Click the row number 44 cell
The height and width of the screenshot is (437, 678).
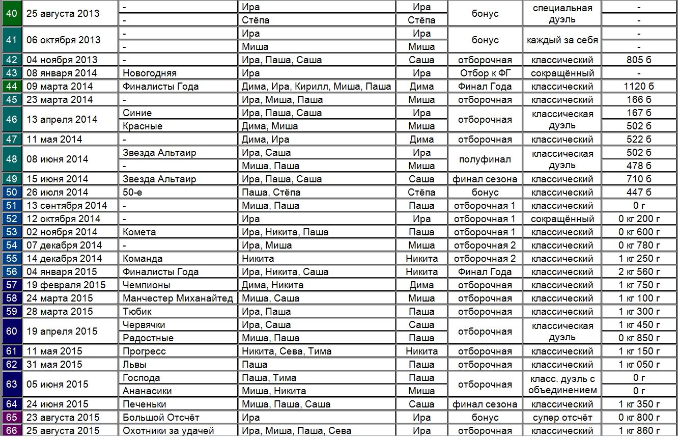click(12, 86)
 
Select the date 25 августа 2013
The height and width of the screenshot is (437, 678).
click(63, 14)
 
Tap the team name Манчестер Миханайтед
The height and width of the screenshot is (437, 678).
click(178, 298)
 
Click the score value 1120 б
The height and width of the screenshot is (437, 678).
click(638, 86)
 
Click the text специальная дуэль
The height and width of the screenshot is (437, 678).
click(562, 14)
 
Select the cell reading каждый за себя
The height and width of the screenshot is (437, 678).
click(562, 40)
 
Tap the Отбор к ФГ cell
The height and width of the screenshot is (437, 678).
click(485, 73)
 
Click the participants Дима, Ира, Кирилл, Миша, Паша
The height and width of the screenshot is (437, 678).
click(316, 86)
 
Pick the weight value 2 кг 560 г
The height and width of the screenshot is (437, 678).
click(639, 271)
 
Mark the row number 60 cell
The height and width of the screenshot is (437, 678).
click(12, 331)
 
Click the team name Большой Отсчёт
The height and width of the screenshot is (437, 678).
click(160, 417)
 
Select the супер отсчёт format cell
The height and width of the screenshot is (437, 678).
click(562, 417)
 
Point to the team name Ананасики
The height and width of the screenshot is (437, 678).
click(147, 391)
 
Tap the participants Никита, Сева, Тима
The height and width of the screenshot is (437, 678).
click(287, 351)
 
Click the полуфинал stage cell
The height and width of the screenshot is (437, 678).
click(485, 159)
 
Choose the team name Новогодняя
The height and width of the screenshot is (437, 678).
click(150, 73)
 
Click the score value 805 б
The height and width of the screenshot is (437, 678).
click(638, 60)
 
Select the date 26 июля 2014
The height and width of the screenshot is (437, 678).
click(57, 192)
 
